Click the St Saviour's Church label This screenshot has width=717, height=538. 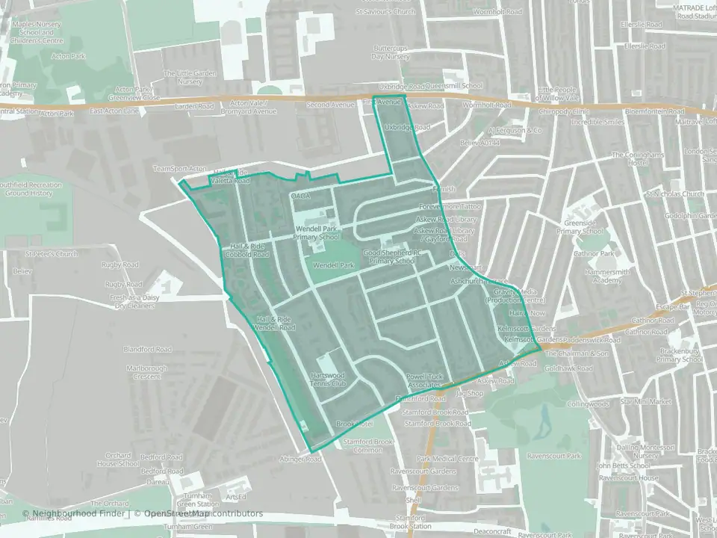[385, 12]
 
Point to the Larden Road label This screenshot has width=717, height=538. [194, 106]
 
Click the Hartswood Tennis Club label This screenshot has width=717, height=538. [329, 378]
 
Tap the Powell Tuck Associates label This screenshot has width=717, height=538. [425, 380]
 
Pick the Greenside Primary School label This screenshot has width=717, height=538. [595, 226]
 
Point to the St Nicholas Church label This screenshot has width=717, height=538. [675, 194]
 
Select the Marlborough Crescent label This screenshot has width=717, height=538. [147, 372]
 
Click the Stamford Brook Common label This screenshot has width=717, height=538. [362, 445]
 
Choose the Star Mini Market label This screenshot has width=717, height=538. [625, 401]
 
